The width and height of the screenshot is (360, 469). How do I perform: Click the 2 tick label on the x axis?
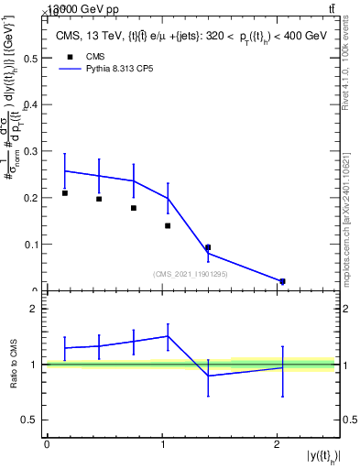coord(277,443)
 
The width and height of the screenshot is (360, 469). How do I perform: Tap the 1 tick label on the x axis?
coord(162,443)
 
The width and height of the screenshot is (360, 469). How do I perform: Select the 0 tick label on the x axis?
coord(47,443)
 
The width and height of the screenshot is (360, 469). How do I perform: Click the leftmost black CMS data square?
coord(65,193)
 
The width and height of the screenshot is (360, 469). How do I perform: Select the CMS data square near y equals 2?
coord(282,281)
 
